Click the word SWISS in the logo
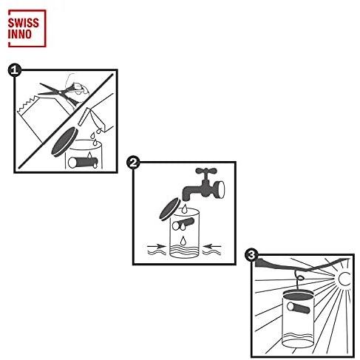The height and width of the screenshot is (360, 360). (x=24, y=23)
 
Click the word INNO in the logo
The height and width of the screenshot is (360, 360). (x=20, y=34)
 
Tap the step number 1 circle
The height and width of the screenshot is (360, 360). (x=15, y=70)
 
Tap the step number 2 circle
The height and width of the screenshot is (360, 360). (x=133, y=163)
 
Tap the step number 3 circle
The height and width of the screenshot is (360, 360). (x=251, y=255)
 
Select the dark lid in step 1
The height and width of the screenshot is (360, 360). (x=64, y=142)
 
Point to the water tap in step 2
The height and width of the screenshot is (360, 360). (x=203, y=185)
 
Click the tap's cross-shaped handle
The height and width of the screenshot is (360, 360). (x=206, y=171)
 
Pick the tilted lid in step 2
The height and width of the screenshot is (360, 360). (x=170, y=209)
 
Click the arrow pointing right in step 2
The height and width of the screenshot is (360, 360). (x=157, y=246)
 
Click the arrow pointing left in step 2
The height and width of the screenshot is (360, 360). (x=211, y=246)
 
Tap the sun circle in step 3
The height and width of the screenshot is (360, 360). (x=344, y=279)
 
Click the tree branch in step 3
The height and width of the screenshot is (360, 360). (x=301, y=265)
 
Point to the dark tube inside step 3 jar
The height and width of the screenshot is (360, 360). (x=298, y=308)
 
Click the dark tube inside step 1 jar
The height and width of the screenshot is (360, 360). (x=83, y=163)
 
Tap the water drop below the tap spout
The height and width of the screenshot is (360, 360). (x=184, y=209)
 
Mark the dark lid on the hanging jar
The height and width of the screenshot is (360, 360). (x=299, y=295)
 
